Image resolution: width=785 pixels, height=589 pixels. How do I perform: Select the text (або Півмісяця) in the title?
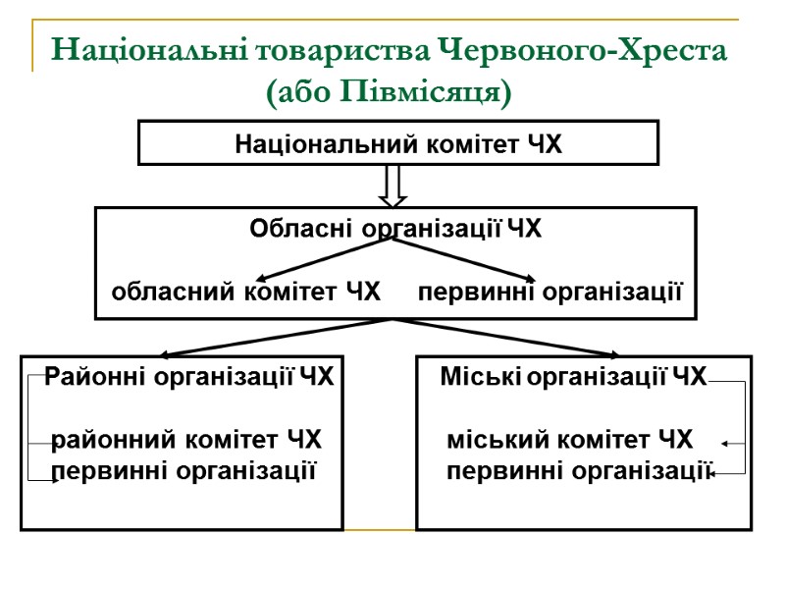pos(390,93)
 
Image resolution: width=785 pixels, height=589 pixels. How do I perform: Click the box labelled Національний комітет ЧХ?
pos(397,143)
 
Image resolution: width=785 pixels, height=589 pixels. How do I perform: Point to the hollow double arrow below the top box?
pos(392,186)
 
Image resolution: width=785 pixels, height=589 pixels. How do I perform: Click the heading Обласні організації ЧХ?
pos(394,230)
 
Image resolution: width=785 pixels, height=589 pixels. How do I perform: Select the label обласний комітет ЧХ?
pos(245,292)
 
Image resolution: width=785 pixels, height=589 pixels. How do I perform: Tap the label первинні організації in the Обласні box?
pos(549,292)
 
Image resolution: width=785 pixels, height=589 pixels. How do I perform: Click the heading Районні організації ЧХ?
pos(189,377)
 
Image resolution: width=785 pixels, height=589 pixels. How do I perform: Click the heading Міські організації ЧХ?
pos(573,377)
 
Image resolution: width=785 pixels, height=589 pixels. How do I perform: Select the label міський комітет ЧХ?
pos(569,439)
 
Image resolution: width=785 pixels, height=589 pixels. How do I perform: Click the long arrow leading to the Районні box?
pos(275,337)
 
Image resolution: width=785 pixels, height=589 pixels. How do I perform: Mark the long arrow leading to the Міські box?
pos(510,337)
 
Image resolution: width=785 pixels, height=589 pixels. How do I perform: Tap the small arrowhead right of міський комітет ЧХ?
pos(724,445)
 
